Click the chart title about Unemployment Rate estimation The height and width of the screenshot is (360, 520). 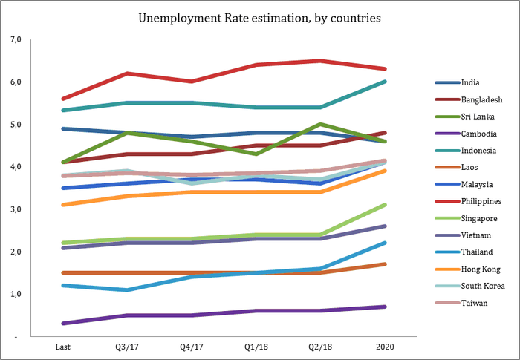[259, 16]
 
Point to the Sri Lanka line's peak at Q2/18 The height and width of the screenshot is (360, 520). [319, 124]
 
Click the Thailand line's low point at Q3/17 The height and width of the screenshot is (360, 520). [127, 289]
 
